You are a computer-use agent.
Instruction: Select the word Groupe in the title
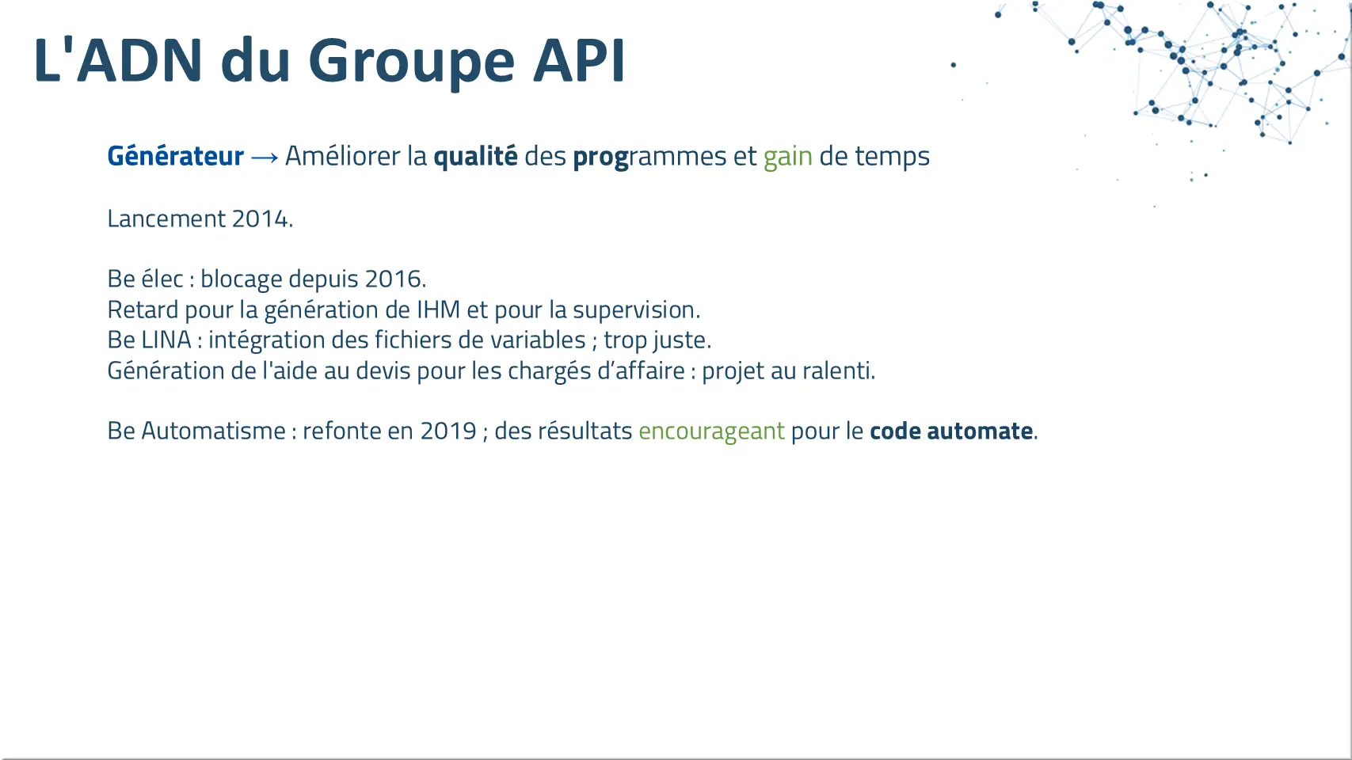point(412,63)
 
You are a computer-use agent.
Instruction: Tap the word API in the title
point(579,60)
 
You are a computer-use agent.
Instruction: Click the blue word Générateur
point(176,156)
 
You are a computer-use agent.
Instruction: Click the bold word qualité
point(475,156)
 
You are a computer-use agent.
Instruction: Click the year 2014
point(261,218)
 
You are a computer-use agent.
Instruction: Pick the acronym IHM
point(439,310)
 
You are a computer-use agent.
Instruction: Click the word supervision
point(634,310)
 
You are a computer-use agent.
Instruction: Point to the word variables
point(538,340)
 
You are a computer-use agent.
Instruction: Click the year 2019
point(448,431)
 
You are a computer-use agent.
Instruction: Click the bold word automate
point(980,431)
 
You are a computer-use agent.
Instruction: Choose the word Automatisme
point(213,431)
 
